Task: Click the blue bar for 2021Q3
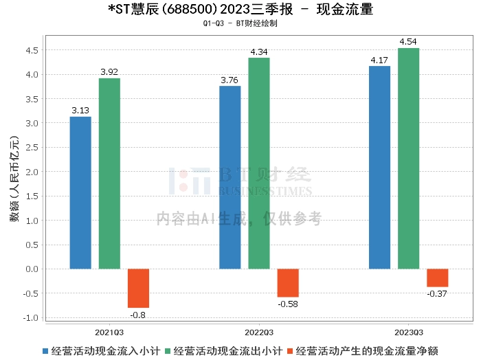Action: pyautogui.click(x=80, y=192)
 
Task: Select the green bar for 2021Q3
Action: pyautogui.click(x=109, y=173)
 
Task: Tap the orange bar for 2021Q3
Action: pyautogui.click(x=138, y=288)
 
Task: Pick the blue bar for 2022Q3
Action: pyautogui.click(x=230, y=177)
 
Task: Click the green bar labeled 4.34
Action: pyautogui.click(x=259, y=163)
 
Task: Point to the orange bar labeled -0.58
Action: pyautogui.click(x=288, y=282)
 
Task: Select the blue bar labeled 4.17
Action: pyautogui.click(x=379, y=167)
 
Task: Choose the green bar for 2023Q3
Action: pyautogui.click(x=408, y=158)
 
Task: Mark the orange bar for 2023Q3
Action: pyautogui.click(x=437, y=278)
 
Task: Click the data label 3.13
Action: pyautogui.click(x=80, y=110)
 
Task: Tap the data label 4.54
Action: pyautogui.click(x=408, y=42)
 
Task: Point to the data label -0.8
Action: pyautogui.click(x=137, y=315)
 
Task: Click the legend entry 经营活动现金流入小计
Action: pyautogui.click(x=101, y=350)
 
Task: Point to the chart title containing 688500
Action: pyautogui.click(x=240, y=10)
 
